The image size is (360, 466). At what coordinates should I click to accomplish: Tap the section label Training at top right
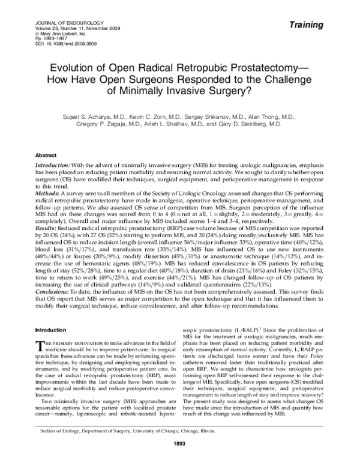click(325, 25)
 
